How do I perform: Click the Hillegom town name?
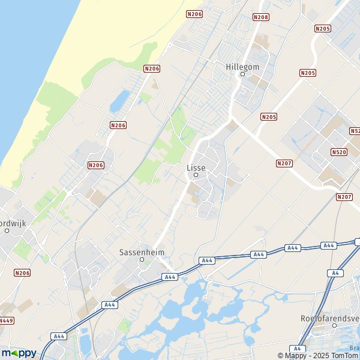(x=242, y=67)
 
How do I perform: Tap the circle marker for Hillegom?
(x=242, y=74)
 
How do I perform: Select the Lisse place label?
(x=196, y=168)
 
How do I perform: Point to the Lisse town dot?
(x=196, y=175)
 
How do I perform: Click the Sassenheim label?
(x=142, y=253)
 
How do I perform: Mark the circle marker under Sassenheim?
(x=142, y=260)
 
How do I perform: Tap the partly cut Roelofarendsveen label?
(x=329, y=318)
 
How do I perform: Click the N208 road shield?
(x=261, y=17)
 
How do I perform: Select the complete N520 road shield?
(x=338, y=152)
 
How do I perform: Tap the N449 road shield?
(x=7, y=320)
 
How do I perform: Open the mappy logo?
(x=19, y=353)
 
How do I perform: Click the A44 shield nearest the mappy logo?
(x=58, y=336)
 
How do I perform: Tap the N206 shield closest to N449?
(x=22, y=273)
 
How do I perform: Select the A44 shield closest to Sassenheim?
(x=170, y=277)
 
